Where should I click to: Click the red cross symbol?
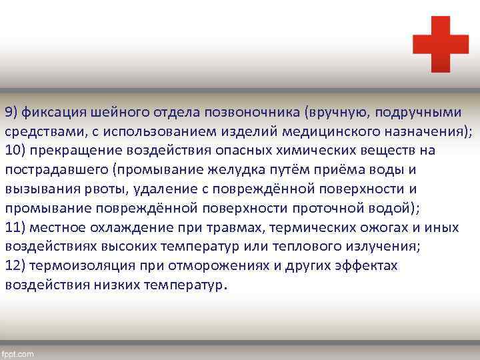click(440, 44)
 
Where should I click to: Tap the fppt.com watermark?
click(18, 353)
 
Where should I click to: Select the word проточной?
click(323, 207)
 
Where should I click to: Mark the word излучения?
click(381, 246)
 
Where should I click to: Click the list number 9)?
click(13, 111)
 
